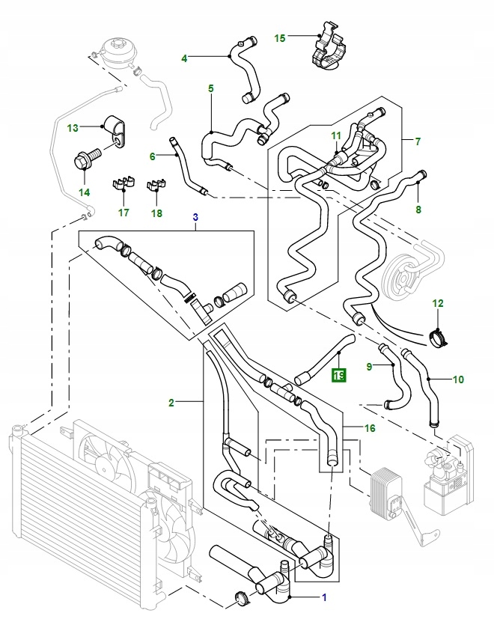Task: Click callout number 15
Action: [280, 37]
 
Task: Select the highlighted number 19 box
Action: [339, 375]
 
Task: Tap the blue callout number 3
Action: [195, 217]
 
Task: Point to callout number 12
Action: [438, 303]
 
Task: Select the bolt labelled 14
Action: [83, 159]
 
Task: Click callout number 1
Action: [324, 597]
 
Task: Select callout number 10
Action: [457, 379]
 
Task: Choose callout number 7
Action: [417, 141]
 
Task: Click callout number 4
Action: [184, 58]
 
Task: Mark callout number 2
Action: [171, 403]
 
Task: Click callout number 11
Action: [336, 135]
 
